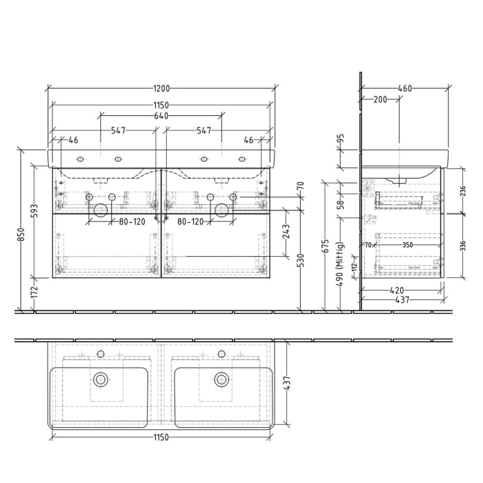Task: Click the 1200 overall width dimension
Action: pyautogui.click(x=161, y=88)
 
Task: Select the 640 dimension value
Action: pyautogui.click(x=161, y=115)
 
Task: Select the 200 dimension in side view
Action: pyautogui.click(x=379, y=100)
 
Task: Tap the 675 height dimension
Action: pyautogui.click(x=326, y=246)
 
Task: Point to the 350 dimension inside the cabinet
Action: pyautogui.click(x=408, y=244)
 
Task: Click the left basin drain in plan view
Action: pyautogui.click(x=101, y=379)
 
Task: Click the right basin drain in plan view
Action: pyautogui.click(x=221, y=379)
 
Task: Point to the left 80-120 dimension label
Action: pyautogui.click(x=132, y=222)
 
